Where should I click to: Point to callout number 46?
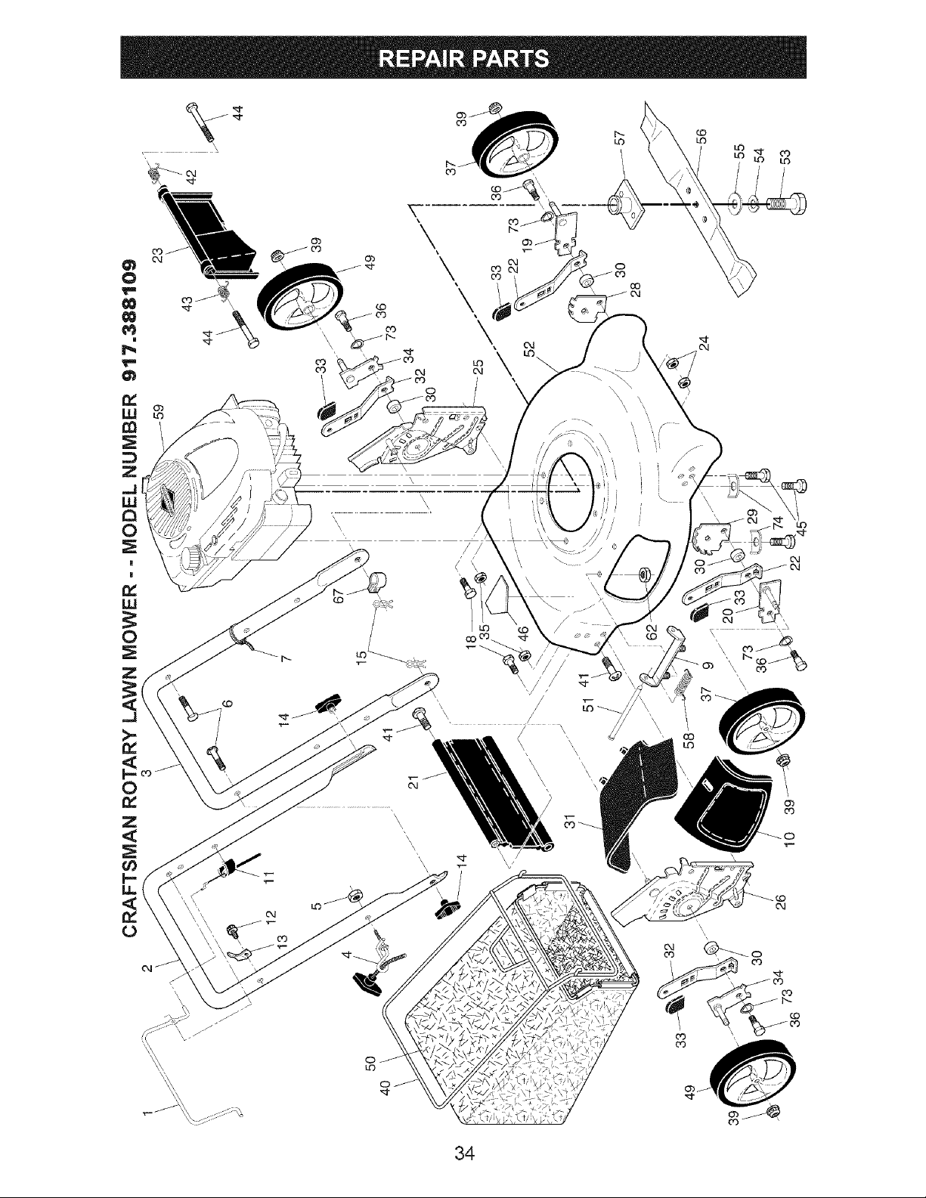(524, 630)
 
